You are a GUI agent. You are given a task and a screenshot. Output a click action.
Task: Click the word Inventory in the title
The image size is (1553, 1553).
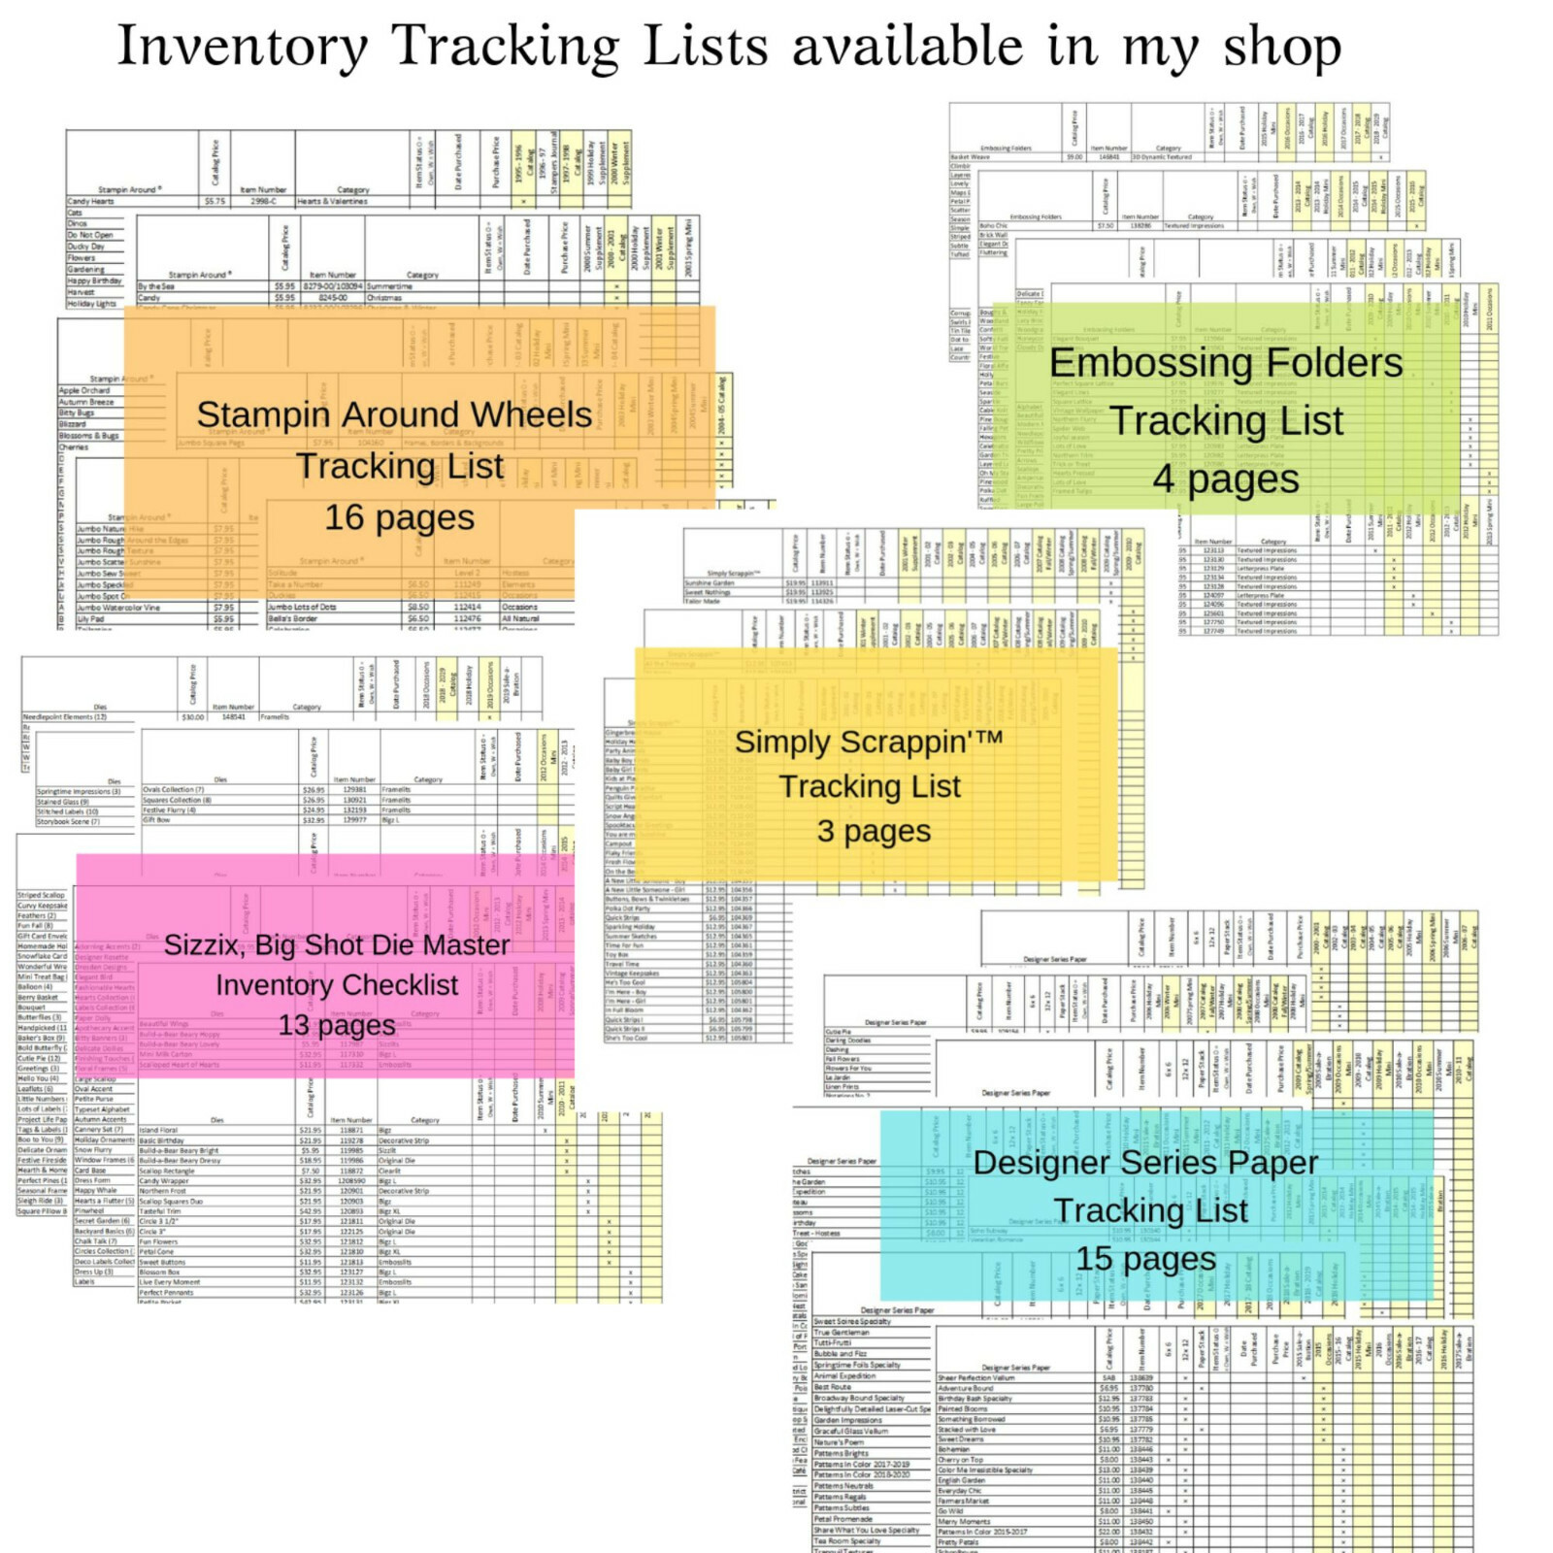coord(243,47)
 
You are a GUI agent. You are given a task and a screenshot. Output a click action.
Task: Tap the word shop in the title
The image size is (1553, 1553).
coord(1282,47)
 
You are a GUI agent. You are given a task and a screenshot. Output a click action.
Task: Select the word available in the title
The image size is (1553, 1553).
coord(908,47)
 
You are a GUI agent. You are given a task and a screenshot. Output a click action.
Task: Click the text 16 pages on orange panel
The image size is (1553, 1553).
coord(399,517)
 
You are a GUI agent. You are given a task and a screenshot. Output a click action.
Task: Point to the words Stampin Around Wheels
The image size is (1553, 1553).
coord(394,414)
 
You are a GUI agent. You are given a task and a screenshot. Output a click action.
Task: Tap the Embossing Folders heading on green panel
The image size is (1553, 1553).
coord(1226,363)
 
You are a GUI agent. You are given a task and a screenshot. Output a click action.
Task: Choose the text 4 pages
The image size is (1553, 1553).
coord(1226,479)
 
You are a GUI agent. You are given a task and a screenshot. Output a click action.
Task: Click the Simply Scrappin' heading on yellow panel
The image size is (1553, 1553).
coord(869,742)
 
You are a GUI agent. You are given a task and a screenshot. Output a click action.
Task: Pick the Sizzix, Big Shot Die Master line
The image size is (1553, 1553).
coord(337,944)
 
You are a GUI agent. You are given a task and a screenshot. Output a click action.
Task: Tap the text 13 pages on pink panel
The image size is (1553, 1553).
coord(337,1025)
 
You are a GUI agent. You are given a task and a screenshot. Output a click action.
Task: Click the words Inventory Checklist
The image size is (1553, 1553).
coord(337,985)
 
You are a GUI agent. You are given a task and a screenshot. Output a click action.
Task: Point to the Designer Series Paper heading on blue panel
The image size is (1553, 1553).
coord(1145,1162)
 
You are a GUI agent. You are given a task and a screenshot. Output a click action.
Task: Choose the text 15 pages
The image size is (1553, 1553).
coord(1145,1258)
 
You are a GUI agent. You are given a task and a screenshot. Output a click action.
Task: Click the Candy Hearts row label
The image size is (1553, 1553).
coord(90,202)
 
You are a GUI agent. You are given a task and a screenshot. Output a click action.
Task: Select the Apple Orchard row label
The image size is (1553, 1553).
coord(84,390)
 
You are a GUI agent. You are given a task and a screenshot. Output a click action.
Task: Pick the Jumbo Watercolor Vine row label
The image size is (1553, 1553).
coord(118,608)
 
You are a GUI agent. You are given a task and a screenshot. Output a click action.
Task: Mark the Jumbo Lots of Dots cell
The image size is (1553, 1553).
coord(302,608)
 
